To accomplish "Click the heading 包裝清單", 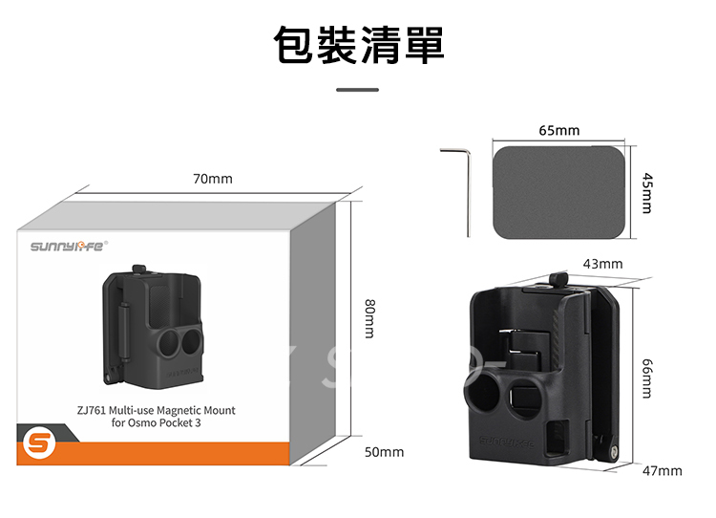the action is (x=358, y=44).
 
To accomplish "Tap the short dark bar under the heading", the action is (x=358, y=90).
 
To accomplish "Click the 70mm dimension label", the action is (x=212, y=179).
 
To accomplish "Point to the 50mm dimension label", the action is (x=385, y=451).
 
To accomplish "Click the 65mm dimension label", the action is (x=558, y=130).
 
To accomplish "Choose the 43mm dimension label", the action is (x=602, y=263).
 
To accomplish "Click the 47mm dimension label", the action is (x=662, y=471).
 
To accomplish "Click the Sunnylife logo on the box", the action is (x=69, y=247).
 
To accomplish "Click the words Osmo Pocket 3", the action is (x=167, y=421).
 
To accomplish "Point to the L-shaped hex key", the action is (x=465, y=186).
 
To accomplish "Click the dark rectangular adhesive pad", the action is (x=560, y=192).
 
